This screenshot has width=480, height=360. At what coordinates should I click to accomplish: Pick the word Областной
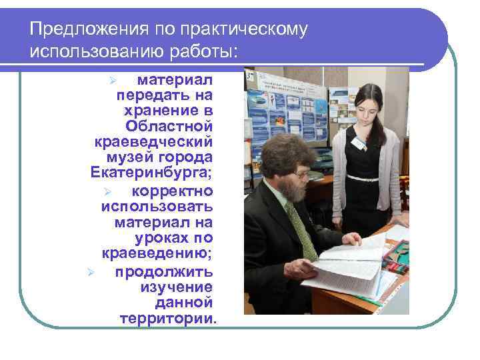[x=169, y=125]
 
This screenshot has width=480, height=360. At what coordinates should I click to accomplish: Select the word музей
[x=128, y=157]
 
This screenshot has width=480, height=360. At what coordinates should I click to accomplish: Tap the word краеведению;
[x=157, y=253]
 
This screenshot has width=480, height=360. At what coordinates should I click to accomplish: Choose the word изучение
[x=176, y=287]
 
